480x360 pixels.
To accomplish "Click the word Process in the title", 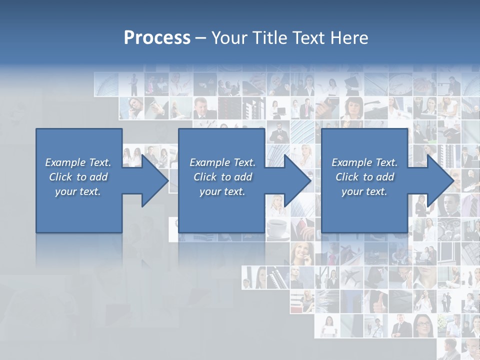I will pos(157,38).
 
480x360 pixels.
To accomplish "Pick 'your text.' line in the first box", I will pos(78,191).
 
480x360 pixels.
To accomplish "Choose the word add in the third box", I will pos(385,177).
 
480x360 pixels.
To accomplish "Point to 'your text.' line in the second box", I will pos(222,191).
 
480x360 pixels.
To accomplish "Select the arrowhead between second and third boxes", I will pos(297,180).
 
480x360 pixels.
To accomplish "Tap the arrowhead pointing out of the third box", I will pos(440,180).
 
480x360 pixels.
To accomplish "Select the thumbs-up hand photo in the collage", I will pos(376,300).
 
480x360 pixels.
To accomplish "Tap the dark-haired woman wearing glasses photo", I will pos(424,325).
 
